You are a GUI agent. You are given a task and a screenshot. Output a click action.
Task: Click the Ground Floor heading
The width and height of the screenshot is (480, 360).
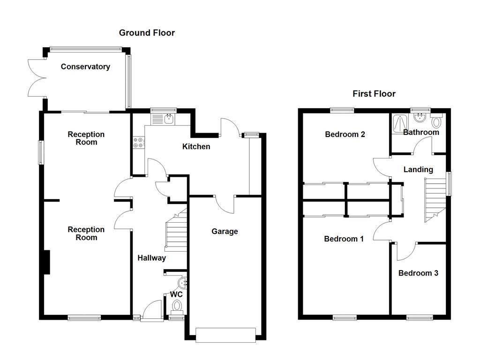point(147,33)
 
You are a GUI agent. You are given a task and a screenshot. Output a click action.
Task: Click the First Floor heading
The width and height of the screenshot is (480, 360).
point(374,94)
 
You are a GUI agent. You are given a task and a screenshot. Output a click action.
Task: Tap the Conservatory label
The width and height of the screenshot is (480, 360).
point(85,67)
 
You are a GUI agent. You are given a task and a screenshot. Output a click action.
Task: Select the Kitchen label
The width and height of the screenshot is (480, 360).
point(196,147)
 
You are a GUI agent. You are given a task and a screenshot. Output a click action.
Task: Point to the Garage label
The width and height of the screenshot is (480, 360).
point(225,231)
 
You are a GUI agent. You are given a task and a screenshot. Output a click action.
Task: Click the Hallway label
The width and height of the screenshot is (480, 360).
point(151,258)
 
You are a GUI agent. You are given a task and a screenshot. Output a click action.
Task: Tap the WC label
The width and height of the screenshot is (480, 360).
point(176,294)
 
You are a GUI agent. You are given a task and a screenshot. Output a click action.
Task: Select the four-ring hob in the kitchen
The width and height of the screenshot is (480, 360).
point(139,142)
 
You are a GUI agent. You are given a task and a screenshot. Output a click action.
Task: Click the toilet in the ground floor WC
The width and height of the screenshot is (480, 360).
point(177,307)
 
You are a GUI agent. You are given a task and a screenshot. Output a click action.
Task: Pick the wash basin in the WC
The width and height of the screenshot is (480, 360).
point(183,282)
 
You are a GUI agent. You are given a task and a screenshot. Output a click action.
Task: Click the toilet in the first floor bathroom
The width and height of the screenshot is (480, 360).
point(437,122)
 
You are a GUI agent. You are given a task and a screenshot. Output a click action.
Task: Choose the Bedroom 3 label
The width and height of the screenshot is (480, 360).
point(418,273)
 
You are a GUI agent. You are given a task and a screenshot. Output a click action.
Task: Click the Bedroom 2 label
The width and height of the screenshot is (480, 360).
point(345,135)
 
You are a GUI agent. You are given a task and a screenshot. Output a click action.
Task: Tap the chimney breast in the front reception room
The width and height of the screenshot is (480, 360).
point(46,262)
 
